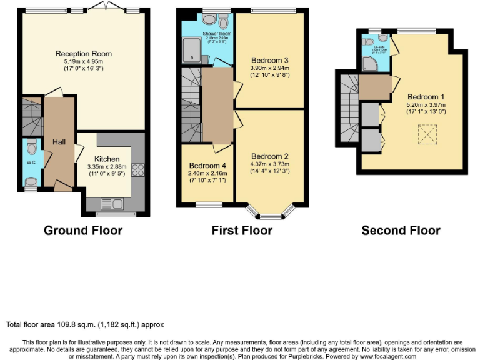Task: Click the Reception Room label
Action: pos(83,54)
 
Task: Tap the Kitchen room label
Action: pos(107,159)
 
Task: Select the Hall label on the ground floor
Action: pos(59,142)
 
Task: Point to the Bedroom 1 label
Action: pos(426,97)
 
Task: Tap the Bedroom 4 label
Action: pos(207,166)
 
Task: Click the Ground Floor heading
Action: pos(83,231)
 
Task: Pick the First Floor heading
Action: pos(242,231)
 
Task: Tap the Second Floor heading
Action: pos(401,231)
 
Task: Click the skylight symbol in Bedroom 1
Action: pos(427,133)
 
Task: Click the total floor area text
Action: pos(84,325)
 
